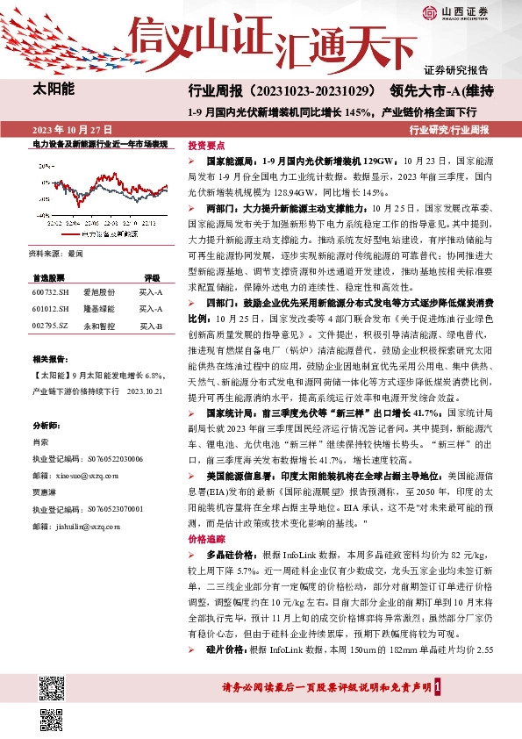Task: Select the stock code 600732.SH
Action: (x=50, y=291)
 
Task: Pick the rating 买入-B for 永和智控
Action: (x=151, y=326)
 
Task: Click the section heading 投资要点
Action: (x=206, y=146)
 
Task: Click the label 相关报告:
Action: (x=49, y=360)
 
